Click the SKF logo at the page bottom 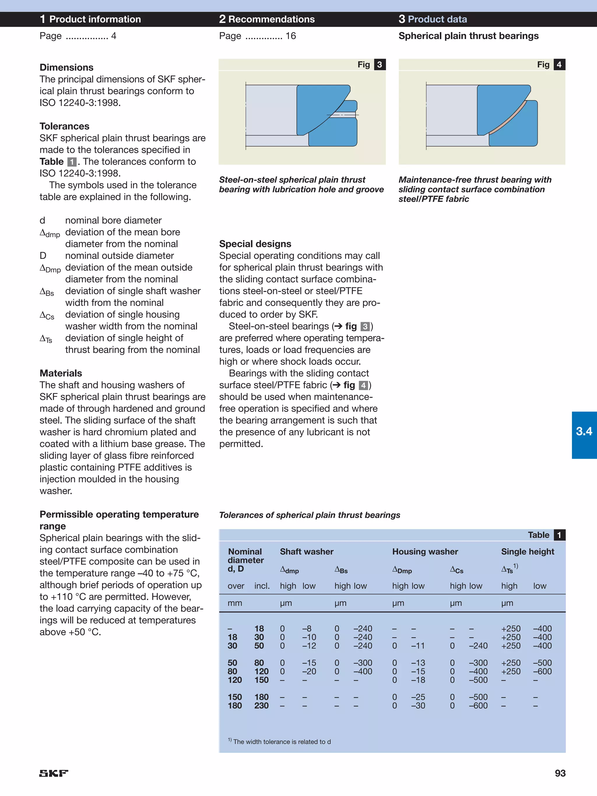pyautogui.click(x=54, y=773)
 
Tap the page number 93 pyautogui.click(x=560, y=773)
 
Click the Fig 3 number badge pyautogui.click(x=380, y=64)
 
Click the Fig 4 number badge pyautogui.click(x=559, y=64)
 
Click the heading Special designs pyautogui.click(x=255, y=244)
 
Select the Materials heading pyautogui.click(x=61, y=373)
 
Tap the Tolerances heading pyautogui.click(x=64, y=126)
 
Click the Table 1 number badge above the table pyautogui.click(x=559, y=535)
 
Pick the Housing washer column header pyautogui.click(x=425, y=552)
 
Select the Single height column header pyautogui.click(x=528, y=552)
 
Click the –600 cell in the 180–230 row pyautogui.click(x=478, y=706)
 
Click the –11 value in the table pyautogui.click(x=418, y=646)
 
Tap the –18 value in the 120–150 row pyautogui.click(x=418, y=680)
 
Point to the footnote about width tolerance pyautogui.click(x=280, y=742)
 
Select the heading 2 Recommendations pyautogui.click(x=267, y=19)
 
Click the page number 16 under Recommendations pyautogui.click(x=290, y=36)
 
